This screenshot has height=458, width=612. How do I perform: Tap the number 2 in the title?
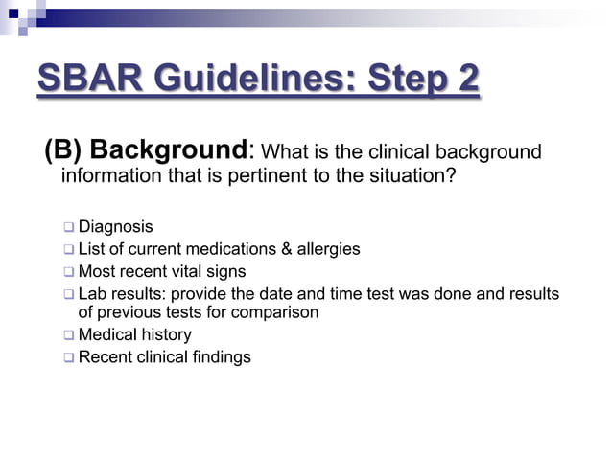[x=466, y=80]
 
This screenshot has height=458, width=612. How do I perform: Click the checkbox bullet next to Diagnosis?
[x=69, y=228]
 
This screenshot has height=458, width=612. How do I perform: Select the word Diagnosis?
[x=115, y=227]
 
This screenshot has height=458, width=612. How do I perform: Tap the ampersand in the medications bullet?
[x=286, y=249]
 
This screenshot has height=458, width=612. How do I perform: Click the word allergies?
[x=328, y=249]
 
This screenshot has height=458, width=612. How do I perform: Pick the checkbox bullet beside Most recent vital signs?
[x=69, y=272]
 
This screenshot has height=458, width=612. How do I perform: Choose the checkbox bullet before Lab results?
[x=69, y=294]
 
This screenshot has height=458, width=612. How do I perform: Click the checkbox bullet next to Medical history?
[x=69, y=335]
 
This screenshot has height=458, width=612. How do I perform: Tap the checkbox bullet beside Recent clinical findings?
[x=69, y=357]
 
